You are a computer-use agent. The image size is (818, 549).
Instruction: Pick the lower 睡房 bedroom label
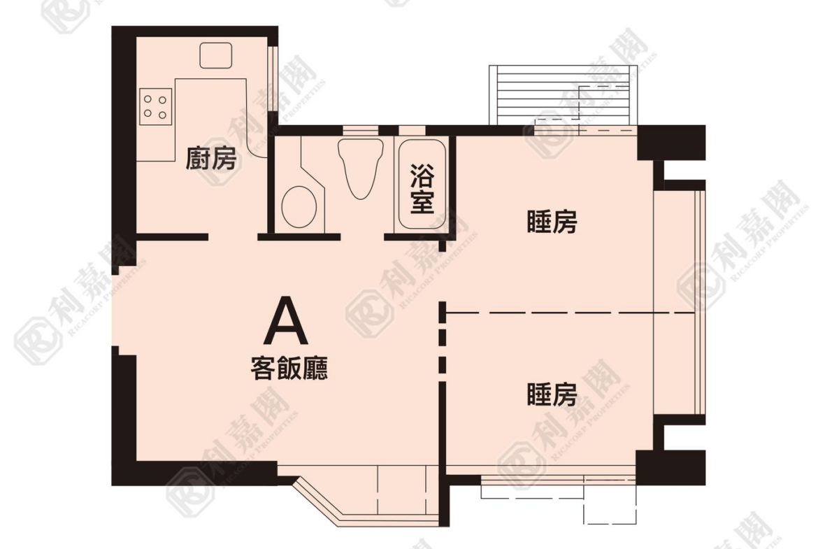(x=552, y=394)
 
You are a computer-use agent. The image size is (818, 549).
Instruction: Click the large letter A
(x=285, y=321)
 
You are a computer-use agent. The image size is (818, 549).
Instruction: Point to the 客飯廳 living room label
(x=289, y=369)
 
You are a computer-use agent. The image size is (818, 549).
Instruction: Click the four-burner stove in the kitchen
(x=155, y=106)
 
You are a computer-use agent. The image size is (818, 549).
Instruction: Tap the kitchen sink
(x=216, y=55)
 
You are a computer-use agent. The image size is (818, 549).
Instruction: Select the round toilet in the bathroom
(x=299, y=206)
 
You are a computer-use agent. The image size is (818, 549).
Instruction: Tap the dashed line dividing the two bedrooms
(x=571, y=313)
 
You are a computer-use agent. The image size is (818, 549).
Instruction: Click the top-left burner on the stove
(x=148, y=99)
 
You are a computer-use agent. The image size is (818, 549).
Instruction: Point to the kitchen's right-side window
(x=271, y=79)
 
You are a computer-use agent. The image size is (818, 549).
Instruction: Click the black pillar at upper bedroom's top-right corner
(x=671, y=143)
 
